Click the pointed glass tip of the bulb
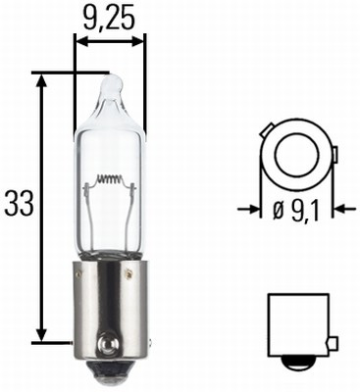[110, 81]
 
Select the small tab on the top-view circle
[334, 155]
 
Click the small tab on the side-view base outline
[334, 342]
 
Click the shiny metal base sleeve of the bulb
[110, 304]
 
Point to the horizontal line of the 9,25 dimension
[110, 42]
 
